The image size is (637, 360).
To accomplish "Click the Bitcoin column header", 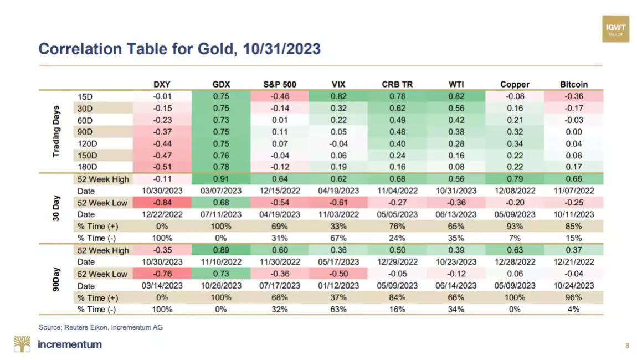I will pos(574,84).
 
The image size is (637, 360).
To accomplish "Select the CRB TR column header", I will pos(397,84).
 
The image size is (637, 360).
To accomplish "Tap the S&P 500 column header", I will pos(280,84).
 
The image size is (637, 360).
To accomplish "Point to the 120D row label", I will pos(89,143).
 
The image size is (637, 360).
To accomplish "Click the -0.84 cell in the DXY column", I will pos(162,203).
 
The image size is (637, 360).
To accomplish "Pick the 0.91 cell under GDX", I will pos(221,179).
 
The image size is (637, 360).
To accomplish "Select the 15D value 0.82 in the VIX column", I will pos(338,96).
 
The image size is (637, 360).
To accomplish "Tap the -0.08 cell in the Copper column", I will pos(515,96).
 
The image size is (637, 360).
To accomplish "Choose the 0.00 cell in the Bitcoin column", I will pos(574,132).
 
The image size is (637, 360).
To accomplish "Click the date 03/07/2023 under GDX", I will pos(221,191).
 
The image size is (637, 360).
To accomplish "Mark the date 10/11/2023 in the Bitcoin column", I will pos(574,214).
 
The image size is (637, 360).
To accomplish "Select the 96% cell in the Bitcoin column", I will pos(574,297).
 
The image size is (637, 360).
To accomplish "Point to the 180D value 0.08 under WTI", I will pos(456,167).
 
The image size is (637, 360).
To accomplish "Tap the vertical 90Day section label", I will pos(56,280).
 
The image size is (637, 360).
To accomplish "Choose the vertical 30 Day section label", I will pos(56,208).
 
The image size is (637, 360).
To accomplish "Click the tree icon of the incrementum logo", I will pos(23,344).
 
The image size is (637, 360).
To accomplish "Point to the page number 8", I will pos(627,346).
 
